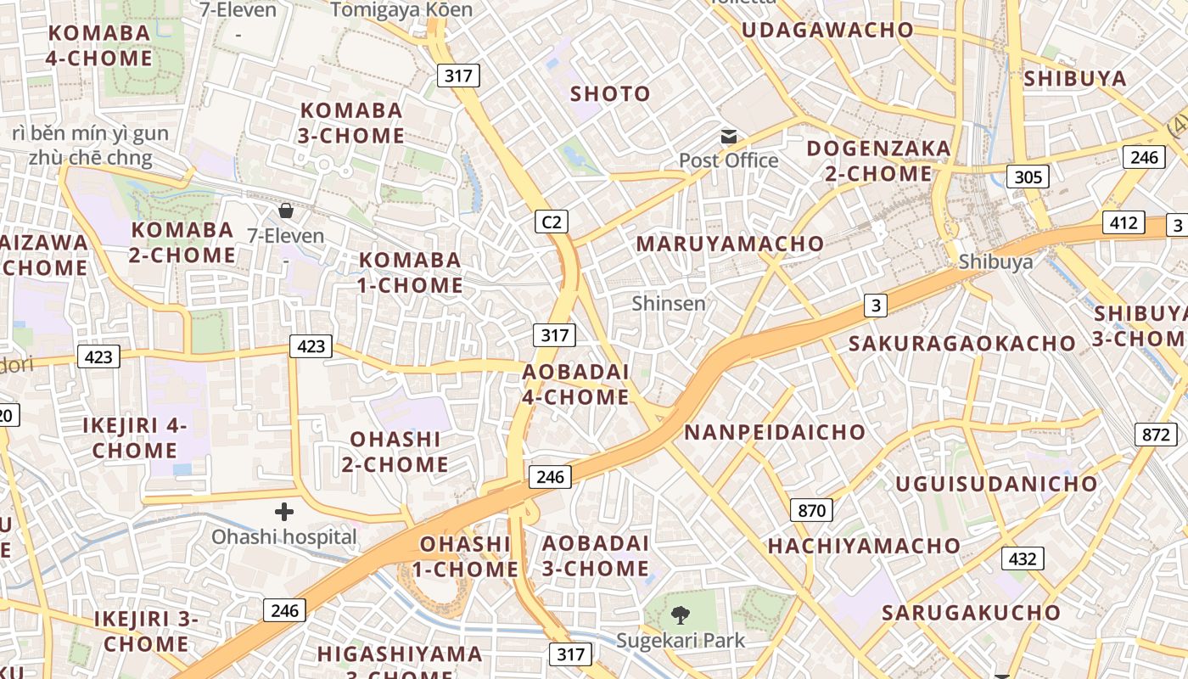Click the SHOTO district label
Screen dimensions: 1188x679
(610, 93)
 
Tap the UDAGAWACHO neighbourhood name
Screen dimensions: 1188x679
(827, 30)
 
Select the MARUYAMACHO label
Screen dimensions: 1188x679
(730, 244)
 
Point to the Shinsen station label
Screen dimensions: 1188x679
(669, 303)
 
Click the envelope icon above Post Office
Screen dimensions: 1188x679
(729, 137)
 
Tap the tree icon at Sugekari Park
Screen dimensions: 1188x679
(680, 615)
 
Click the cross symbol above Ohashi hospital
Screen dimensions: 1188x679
(284, 512)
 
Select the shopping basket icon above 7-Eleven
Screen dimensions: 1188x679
(286, 210)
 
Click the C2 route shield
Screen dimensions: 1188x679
(552, 222)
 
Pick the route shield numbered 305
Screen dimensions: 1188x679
(1028, 177)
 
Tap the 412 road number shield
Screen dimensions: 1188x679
(1124, 222)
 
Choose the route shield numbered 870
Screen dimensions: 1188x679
(811, 510)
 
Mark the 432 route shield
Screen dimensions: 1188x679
(1023, 558)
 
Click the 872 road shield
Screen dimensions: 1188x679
(1155, 435)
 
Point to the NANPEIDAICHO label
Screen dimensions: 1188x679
(775, 432)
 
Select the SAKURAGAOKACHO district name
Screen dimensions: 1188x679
(962, 344)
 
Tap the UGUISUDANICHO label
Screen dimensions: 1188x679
(997, 484)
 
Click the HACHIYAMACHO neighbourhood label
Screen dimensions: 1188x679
(864, 546)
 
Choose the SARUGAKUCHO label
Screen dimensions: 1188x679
(971, 613)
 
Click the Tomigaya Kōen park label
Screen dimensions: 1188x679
(401, 10)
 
